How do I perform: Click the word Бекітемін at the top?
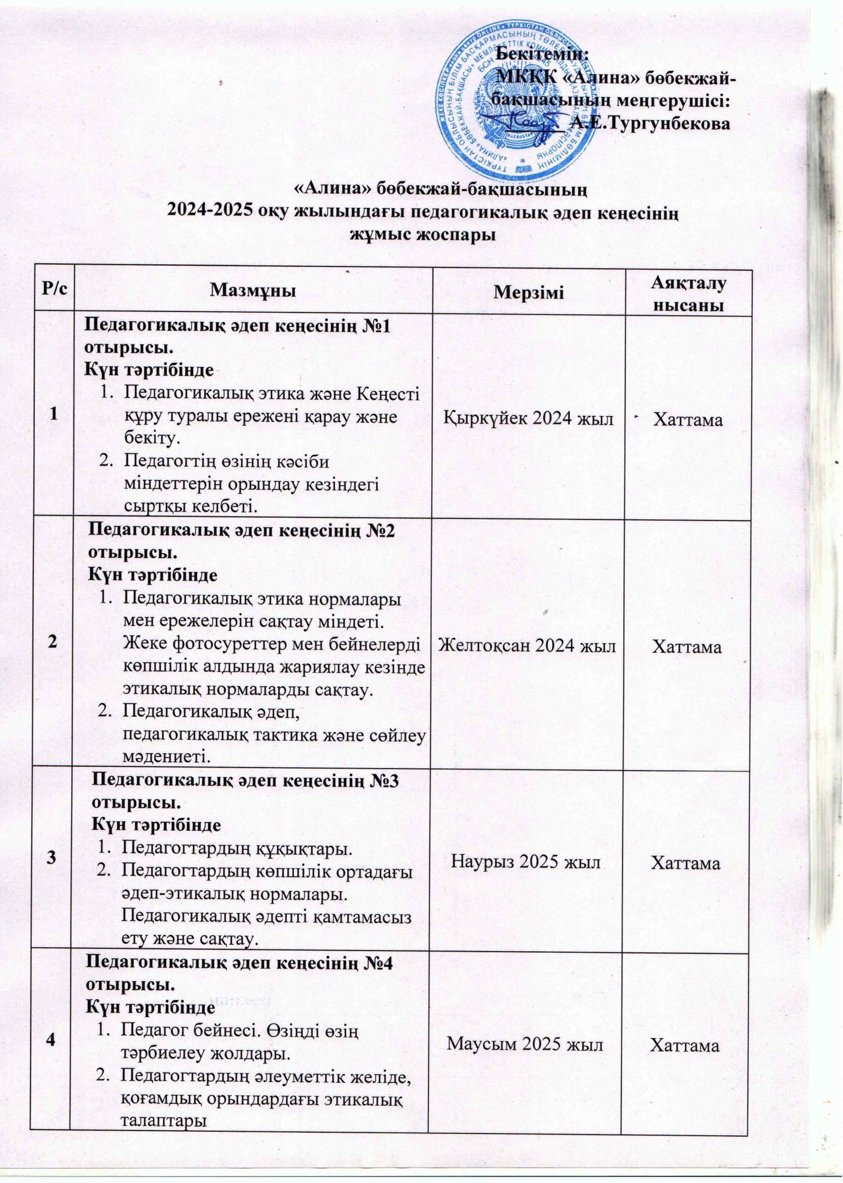tap(543, 52)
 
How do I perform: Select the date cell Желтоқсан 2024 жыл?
tap(527, 646)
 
